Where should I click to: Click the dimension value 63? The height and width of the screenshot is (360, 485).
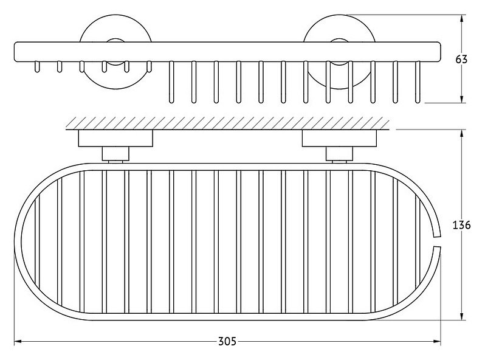point(461,59)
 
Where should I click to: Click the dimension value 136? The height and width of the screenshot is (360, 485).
point(461,225)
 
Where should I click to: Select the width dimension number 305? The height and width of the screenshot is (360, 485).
point(227,341)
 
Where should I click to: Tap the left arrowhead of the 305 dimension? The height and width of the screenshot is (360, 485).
point(18,342)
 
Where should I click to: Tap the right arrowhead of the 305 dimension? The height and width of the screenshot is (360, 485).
point(438,342)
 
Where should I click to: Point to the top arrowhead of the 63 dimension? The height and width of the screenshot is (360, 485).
point(462,19)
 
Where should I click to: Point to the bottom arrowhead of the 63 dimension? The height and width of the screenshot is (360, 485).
point(462,99)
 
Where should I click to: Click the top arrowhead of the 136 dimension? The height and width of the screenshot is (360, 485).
point(462,133)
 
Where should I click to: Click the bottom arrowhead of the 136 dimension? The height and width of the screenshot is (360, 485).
point(462,316)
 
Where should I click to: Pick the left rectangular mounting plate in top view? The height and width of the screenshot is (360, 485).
point(115,139)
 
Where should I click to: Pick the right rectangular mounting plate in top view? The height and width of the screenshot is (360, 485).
point(339,139)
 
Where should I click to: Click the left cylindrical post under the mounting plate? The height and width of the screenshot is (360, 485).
point(115,154)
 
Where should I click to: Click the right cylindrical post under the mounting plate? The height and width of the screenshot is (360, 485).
point(339,154)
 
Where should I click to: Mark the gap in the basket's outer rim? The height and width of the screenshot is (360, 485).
point(437,241)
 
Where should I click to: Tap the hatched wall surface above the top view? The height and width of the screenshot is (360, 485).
point(227,123)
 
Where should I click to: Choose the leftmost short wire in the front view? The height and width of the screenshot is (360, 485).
point(37,66)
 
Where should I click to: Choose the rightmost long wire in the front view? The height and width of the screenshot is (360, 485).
point(418,81)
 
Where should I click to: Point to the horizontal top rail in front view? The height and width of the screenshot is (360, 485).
point(227,51)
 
